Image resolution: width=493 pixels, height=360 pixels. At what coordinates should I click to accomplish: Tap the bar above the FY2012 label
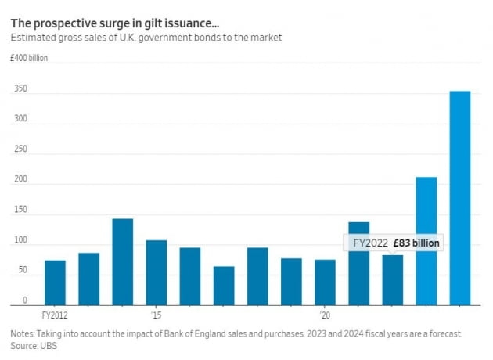pos(55,282)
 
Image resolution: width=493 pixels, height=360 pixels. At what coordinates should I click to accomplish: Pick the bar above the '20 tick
pos(325,282)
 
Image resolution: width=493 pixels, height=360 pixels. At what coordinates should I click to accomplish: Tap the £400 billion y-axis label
pos(29,58)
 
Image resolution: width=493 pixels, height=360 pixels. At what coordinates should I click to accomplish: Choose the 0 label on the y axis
pos(24,300)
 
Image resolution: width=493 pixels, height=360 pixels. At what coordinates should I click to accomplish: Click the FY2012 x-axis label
pos(55,316)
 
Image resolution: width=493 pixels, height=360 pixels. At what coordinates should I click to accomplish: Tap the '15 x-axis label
pos(157,316)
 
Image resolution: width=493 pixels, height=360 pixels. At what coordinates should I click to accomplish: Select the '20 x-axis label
pos(325,316)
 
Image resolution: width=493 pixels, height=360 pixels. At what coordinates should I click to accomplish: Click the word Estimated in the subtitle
pos(32,37)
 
